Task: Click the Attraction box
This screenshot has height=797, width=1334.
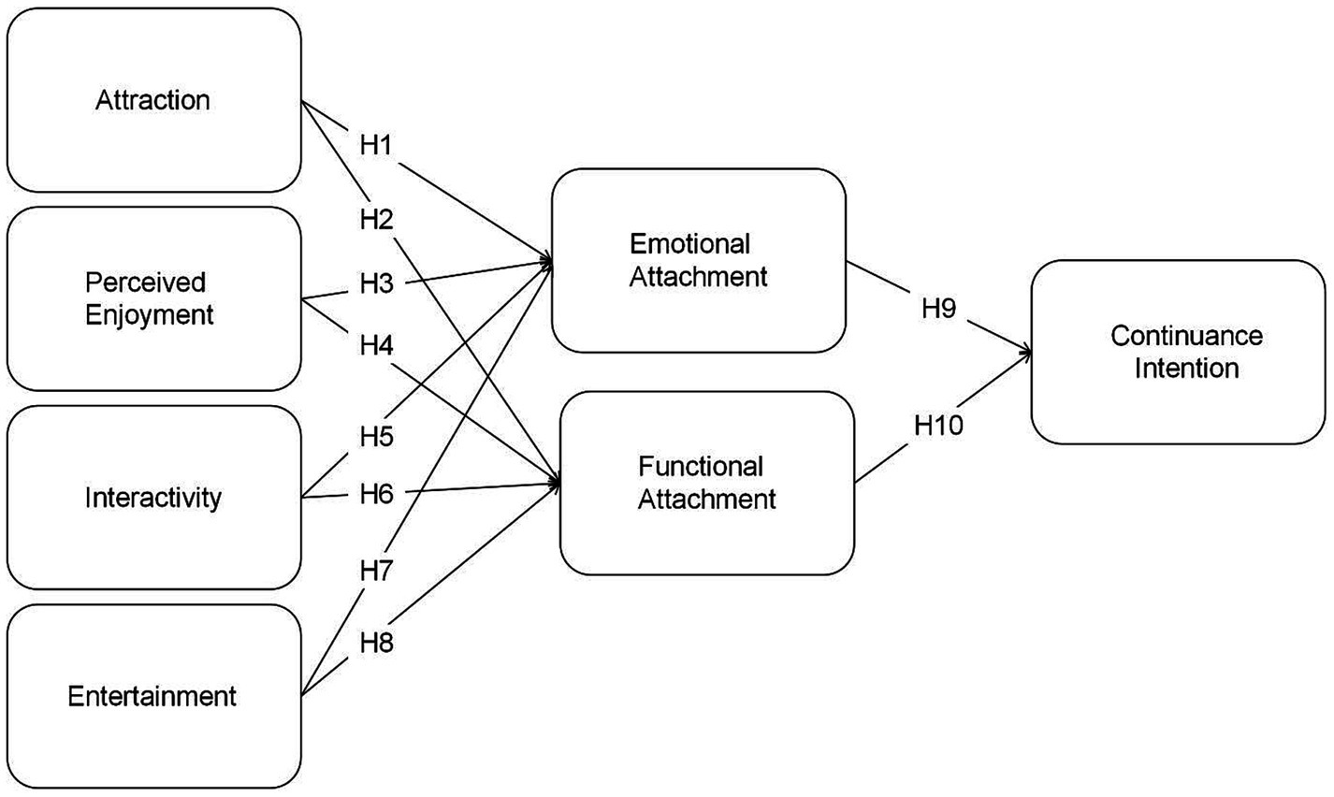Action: pyautogui.click(x=153, y=100)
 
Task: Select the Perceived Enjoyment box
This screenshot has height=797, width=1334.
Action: pyautogui.click(x=153, y=298)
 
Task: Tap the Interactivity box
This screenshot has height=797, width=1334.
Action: pyautogui.click(x=153, y=497)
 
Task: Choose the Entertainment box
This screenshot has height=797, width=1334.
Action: pyautogui.click(x=153, y=696)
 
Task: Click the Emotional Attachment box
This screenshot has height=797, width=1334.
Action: pyautogui.click(x=699, y=261)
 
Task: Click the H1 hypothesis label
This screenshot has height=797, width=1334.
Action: pyautogui.click(x=375, y=147)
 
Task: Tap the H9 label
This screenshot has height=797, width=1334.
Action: pyautogui.click(x=938, y=310)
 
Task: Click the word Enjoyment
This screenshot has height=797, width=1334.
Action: pyautogui.click(x=150, y=314)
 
